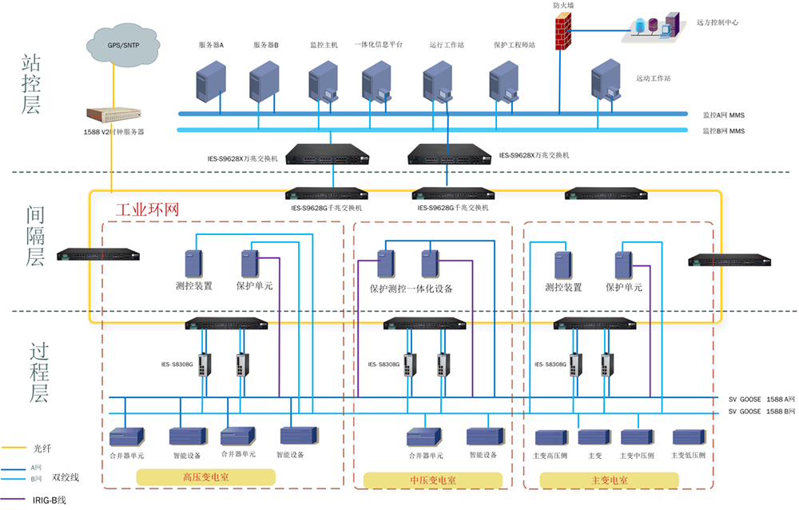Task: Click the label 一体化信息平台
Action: [378, 46]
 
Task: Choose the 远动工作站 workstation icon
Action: [605, 85]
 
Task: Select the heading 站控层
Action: [30, 84]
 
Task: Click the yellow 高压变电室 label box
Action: [205, 476]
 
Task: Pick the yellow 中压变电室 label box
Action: [433, 480]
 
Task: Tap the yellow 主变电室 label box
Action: [610, 480]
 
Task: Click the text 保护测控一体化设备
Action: [411, 289]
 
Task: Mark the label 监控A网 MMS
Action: [723, 115]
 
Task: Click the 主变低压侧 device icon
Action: [689, 437]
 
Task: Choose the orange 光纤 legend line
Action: [14, 448]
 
